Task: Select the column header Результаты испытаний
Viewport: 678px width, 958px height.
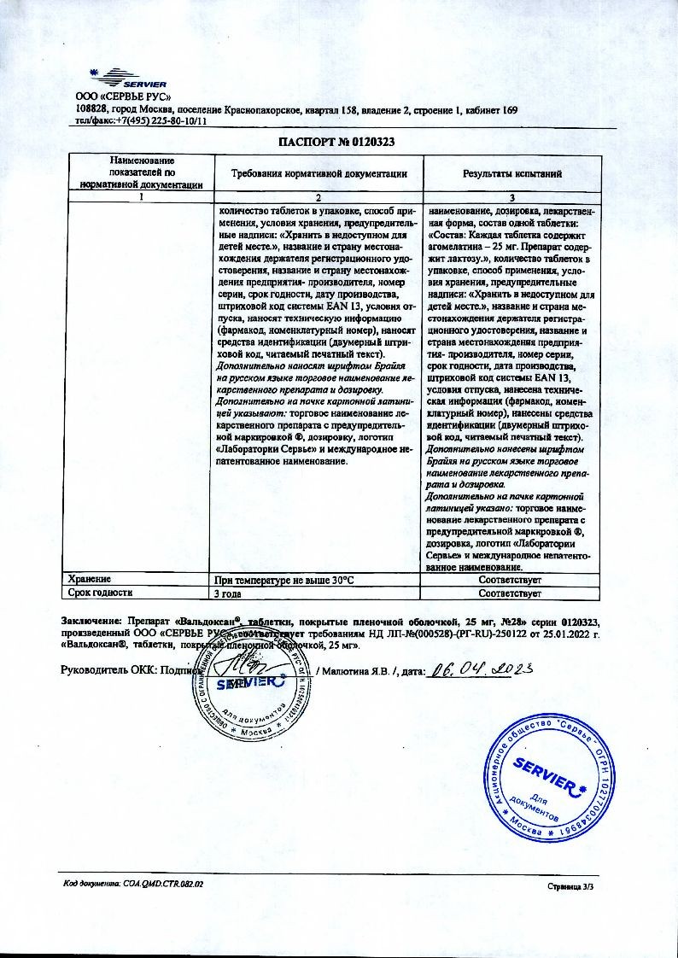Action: (511, 173)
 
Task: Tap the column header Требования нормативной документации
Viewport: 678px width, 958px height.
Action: (319, 173)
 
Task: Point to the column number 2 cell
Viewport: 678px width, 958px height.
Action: (319, 197)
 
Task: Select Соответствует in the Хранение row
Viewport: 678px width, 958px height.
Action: (511, 580)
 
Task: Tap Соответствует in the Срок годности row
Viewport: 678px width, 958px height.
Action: (511, 592)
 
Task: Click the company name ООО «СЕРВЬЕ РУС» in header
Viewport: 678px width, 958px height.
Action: (119, 97)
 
